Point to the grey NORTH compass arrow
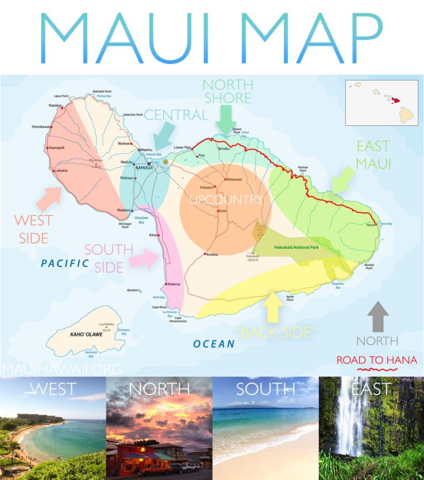[378, 316]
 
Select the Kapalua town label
[55, 104]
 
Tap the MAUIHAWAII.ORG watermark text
[61, 368]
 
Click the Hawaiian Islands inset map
[381, 103]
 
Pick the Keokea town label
[215, 254]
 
